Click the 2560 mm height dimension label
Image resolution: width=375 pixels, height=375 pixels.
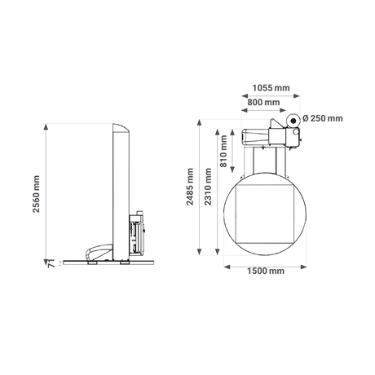36,194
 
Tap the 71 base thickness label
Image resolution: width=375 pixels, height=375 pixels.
51,263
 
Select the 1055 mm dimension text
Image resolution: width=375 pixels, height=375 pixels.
271,88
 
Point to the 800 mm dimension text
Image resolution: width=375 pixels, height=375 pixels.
263,103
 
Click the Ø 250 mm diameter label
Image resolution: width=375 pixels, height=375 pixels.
323,118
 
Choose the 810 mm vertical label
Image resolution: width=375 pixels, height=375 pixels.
223,151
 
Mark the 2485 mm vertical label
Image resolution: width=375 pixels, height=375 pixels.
190,187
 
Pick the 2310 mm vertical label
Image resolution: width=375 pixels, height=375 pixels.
208,187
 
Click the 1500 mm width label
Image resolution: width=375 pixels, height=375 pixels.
266,271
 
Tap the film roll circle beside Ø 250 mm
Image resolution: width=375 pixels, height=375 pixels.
293,120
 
